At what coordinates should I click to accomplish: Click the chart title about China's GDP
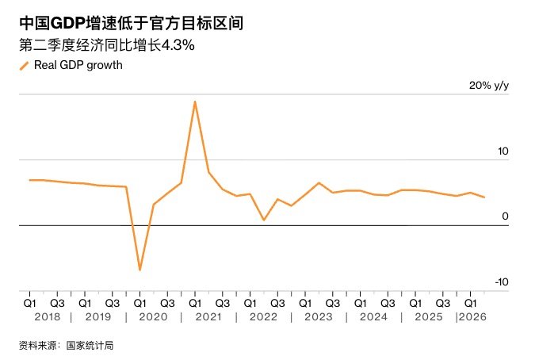(132, 23)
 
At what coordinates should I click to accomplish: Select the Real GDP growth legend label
(78, 65)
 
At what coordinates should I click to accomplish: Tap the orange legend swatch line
(25, 66)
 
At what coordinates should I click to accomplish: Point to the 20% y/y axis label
(489, 86)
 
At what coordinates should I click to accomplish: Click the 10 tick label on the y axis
(503, 151)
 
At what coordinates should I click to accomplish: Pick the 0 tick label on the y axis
(506, 216)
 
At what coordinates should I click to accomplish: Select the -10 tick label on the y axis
(502, 282)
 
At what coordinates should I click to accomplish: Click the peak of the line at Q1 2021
(195, 101)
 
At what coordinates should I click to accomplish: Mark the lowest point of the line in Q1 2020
(139, 270)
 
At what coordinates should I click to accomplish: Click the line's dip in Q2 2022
(264, 220)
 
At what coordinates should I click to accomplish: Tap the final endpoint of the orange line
(484, 197)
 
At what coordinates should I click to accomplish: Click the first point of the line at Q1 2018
(29, 180)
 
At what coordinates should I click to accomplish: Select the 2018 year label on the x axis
(48, 317)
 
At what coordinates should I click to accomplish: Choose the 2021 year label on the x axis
(208, 317)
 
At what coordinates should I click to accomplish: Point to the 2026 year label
(472, 317)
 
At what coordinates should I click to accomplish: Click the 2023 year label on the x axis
(319, 317)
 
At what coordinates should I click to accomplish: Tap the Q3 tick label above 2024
(388, 304)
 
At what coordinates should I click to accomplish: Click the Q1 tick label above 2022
(250, 304)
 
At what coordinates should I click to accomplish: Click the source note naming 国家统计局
(67, 346)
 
